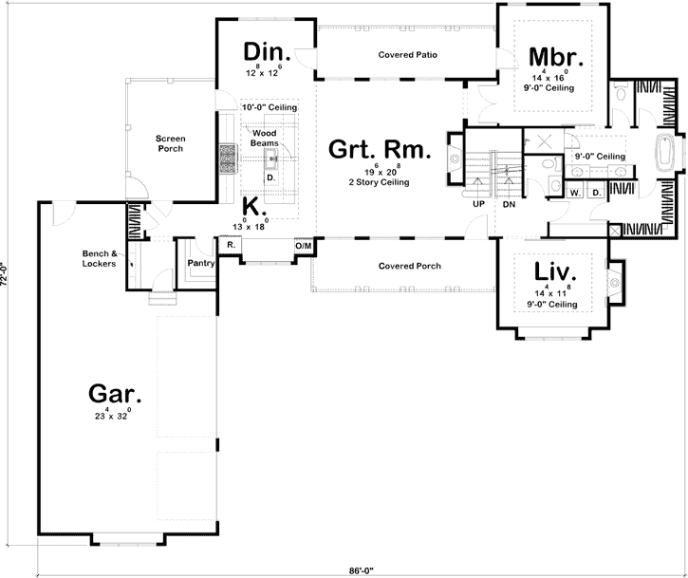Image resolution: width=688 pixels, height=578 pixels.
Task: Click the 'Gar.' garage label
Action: point(116,393)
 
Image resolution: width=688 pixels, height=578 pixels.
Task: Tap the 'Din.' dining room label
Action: point(266,51)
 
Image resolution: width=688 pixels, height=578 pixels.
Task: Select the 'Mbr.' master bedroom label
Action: point(555,56)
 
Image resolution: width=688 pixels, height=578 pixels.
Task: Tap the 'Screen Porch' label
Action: point(171,143)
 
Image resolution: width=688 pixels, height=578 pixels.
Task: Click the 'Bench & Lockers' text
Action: point(99,259)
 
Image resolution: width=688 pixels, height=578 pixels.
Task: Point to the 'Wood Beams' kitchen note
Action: point(264,138)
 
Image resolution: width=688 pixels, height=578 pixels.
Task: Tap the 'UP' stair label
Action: point(478,203)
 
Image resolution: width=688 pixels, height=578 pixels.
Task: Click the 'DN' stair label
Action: point(509,203)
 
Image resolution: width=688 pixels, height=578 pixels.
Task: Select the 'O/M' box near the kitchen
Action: point(304,246)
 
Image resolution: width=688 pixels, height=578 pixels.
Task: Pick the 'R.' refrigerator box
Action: point(230,245)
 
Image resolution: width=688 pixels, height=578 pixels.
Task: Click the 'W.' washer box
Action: point(575,192)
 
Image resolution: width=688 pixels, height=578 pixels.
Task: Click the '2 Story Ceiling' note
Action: point(380,182)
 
